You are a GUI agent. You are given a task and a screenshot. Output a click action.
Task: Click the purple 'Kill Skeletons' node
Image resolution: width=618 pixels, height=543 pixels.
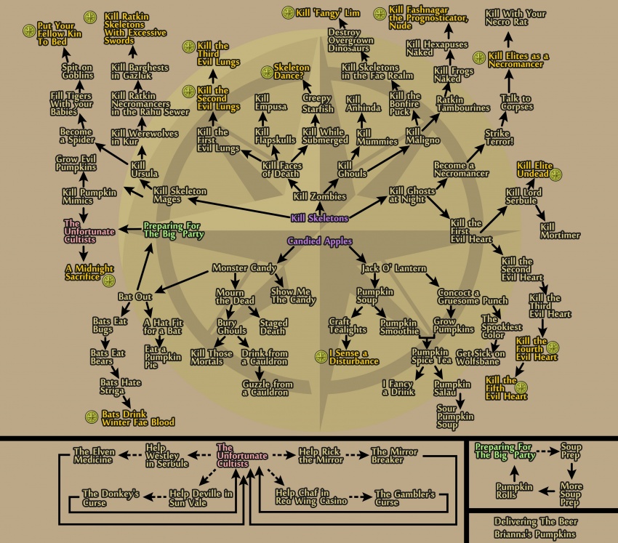320,218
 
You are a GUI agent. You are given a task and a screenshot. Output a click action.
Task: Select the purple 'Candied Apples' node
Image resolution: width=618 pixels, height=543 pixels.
320,241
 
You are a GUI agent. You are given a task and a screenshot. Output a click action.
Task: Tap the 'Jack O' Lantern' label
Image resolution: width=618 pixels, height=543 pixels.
394,268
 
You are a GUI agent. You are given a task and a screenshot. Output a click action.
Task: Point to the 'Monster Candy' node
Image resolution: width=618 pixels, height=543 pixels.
244,268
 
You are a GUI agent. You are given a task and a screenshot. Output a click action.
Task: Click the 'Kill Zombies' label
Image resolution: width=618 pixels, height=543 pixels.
320,196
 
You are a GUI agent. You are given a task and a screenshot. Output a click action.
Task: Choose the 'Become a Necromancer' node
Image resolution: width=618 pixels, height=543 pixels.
461,169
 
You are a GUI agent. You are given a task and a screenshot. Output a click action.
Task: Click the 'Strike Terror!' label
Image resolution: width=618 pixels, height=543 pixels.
499,137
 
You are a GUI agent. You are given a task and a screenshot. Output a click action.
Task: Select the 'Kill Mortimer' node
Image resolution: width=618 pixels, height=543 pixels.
560,231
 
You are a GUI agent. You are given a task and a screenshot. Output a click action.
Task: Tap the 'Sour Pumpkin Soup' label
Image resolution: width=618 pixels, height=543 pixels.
455,417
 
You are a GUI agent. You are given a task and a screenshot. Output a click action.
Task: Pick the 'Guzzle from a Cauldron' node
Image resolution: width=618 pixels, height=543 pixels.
268,388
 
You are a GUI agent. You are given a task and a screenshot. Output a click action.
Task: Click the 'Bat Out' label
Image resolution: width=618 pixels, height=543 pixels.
135,297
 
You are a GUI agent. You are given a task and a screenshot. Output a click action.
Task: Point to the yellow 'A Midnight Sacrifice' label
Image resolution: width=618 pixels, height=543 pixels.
89,273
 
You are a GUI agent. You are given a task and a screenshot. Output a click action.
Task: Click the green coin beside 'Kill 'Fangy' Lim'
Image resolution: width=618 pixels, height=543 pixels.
288,12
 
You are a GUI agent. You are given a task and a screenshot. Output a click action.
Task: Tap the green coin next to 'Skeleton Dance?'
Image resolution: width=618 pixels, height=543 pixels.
268,72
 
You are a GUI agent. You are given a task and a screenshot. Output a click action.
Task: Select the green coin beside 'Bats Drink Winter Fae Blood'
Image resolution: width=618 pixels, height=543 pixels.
92,417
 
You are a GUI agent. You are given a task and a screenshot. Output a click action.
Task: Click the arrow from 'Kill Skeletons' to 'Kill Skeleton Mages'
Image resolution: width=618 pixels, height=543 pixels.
239,208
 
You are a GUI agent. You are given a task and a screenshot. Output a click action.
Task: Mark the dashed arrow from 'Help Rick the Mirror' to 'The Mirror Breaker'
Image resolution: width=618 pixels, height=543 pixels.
357,455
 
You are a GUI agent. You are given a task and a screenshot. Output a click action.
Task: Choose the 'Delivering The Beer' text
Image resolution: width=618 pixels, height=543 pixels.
536,522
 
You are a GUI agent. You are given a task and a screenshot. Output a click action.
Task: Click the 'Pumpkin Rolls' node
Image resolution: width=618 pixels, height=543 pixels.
514,491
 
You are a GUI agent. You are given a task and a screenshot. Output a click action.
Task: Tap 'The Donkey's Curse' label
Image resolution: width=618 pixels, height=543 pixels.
111,498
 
